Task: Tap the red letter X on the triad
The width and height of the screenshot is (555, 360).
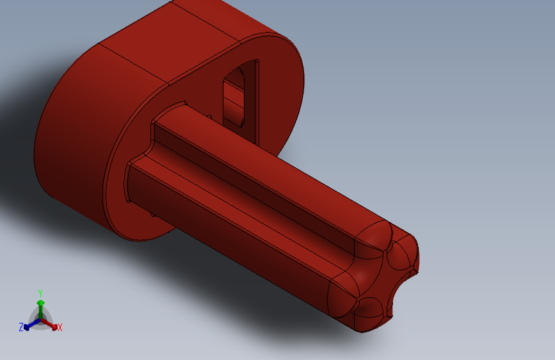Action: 60,328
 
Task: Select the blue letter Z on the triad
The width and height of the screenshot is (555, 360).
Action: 21,327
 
